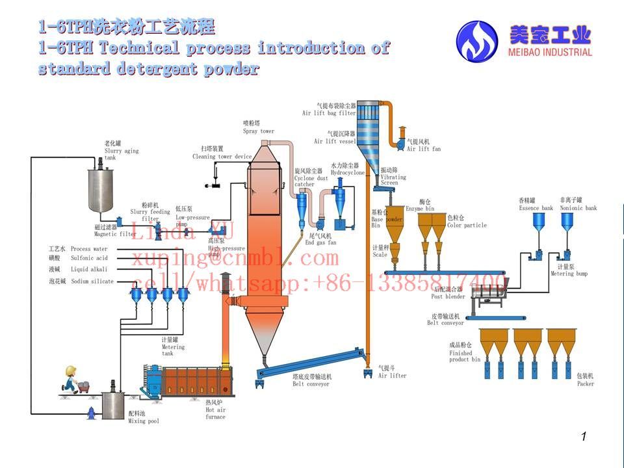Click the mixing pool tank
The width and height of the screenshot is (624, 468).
click(113, 404)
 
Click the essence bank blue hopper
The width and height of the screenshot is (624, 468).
click(539, 223)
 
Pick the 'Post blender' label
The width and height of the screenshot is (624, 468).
click(448, 297)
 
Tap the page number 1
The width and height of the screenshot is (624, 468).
click(584, 437)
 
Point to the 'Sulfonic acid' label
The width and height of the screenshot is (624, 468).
click(88, 258)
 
